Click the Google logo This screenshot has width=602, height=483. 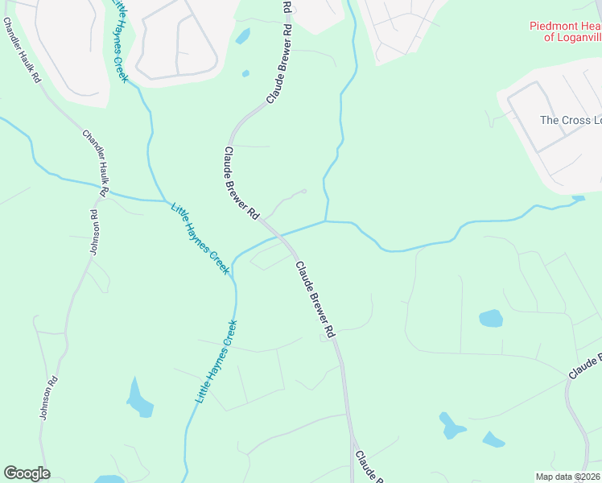[27, 473]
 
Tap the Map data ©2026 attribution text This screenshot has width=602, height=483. [567, 477]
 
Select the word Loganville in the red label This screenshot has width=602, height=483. [576, 37]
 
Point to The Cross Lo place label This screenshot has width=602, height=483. [570, 120]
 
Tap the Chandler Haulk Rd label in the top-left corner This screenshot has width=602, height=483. [22, 52]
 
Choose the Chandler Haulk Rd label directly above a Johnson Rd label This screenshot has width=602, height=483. [95, 161]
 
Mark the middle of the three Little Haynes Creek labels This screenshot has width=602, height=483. [200, 238]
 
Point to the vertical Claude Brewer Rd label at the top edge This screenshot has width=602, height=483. [287, 18]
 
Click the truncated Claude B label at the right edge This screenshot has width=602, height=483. [585, 366]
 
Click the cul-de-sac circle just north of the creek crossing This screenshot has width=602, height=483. [303, 192]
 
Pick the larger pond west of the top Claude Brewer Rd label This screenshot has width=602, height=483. [241, 36]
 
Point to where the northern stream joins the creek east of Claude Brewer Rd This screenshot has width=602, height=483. [326, 221]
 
